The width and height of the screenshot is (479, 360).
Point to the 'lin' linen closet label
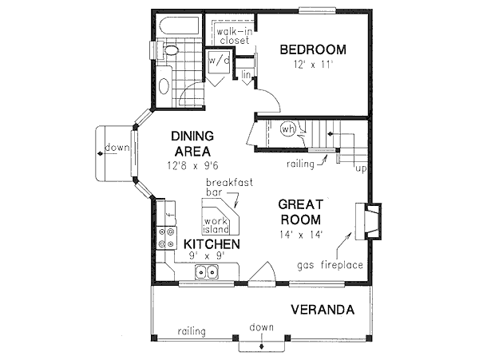(x=247, y=76)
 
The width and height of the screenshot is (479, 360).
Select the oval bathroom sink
(x=164, y=85)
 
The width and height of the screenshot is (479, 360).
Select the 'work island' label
(x=216, y=224)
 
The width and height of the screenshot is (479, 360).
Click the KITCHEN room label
(x=212, y=243)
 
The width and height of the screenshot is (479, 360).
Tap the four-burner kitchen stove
(x=167, y=237)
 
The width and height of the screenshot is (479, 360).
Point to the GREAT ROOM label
(x=299, y=212)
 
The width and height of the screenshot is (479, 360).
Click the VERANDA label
(x=323, y=309)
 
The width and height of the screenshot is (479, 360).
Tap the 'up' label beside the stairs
(x=360, y=170)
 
